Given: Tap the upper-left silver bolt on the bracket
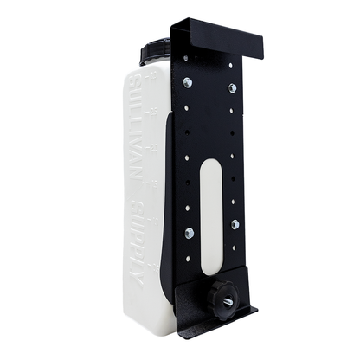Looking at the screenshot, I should (x=187, y=83).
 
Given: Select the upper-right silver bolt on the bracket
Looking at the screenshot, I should (x=232, y=88).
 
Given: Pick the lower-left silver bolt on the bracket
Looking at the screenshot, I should (x=190, y=232).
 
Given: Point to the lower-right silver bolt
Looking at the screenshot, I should (x=235, y=224).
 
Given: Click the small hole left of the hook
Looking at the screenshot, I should (x=186, y=57).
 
